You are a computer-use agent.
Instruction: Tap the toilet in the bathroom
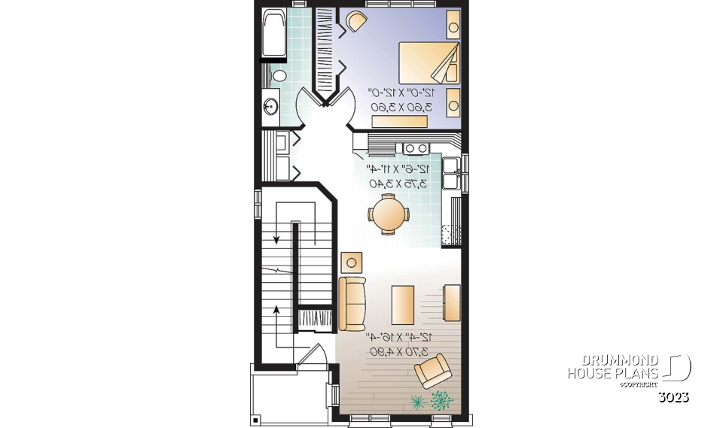279,75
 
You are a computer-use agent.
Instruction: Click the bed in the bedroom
429,62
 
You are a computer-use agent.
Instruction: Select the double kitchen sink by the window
453,173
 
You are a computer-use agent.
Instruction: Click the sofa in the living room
352,303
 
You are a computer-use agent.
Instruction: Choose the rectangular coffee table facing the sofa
402,304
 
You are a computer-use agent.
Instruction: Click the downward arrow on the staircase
277,239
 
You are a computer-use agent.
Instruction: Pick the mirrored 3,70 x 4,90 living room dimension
398,351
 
